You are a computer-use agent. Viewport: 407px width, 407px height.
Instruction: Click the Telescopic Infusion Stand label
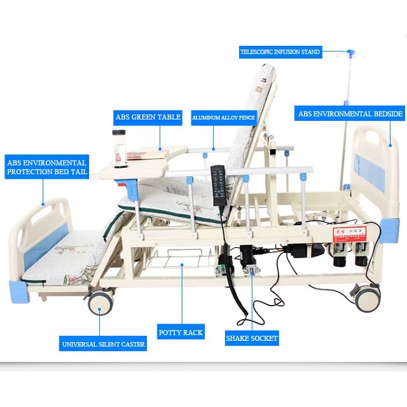click(280, 52)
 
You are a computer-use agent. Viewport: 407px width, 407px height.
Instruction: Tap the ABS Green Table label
click(148, 117)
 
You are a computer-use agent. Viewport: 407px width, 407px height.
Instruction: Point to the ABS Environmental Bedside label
click(350, 114)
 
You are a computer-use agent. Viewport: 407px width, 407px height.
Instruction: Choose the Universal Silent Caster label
click(103, 344)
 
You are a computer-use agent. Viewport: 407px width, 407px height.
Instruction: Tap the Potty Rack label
click(181, 332)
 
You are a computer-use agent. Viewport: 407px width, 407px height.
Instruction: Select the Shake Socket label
click(252, 338)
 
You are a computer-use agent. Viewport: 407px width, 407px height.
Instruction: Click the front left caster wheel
click(100, 301)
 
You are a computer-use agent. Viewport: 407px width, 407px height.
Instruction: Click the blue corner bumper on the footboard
click(20, 291)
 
